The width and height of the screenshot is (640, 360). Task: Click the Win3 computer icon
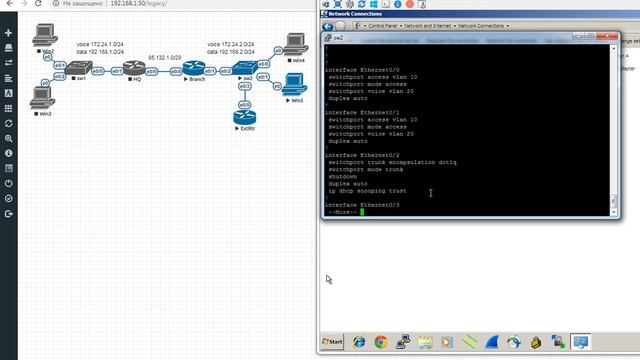coord(41,96)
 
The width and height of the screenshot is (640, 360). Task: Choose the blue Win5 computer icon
coord(295,83)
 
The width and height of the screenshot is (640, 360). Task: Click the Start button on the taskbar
coord(333,342)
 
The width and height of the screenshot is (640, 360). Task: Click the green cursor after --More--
coord(364,212)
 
